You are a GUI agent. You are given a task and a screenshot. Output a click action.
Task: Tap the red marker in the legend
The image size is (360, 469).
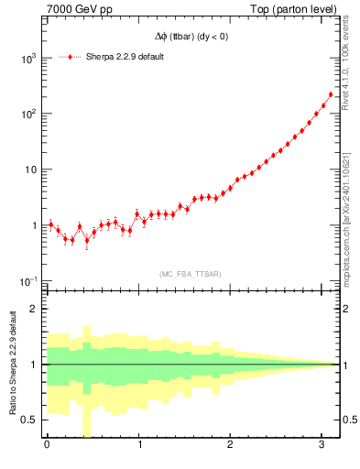coord(71,57)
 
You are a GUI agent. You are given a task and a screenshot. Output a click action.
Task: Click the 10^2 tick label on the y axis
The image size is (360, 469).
coord(27,114)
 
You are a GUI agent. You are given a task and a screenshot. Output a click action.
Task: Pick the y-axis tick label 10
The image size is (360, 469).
coord(30,169)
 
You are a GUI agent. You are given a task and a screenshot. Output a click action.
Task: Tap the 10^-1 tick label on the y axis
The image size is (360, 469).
coord(27,281)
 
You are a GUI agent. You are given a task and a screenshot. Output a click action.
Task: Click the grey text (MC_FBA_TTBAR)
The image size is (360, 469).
coord(190,274)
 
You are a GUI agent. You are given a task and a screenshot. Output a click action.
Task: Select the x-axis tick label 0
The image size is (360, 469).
coord(47,446)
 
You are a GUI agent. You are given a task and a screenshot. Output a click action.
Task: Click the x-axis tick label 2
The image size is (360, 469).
coord(231,446)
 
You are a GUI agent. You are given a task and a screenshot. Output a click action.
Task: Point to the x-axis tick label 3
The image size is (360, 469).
coord(322,446)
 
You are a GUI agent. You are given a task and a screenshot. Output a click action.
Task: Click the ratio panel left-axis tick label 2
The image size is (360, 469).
coord(35,309)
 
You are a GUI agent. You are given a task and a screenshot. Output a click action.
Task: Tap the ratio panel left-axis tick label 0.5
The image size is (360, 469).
coord(31,420)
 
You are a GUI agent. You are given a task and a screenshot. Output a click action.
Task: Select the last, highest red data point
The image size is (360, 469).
coord(331,94)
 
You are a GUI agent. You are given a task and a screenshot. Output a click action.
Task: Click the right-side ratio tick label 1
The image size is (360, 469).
coord(344,365)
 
